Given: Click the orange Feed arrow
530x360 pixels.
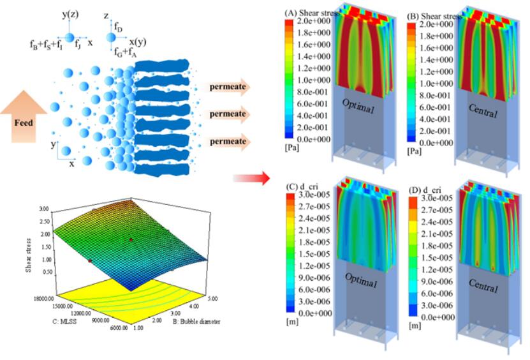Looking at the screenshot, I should point(23,119).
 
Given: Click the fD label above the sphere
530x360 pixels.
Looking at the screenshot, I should point(119,27).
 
